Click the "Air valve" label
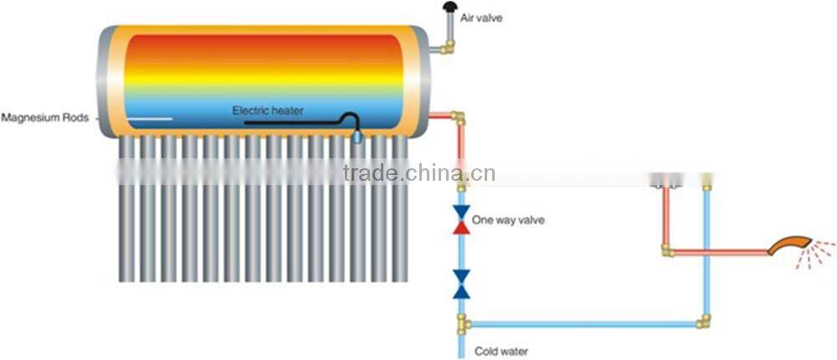(481, 16)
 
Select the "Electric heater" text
(268, 111)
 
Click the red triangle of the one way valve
(461, 226)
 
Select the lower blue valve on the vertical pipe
(461, 284)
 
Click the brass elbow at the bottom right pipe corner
(706, 321)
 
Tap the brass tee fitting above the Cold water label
(462, 323)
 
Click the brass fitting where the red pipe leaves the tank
(458, 116)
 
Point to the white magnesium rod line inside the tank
(151, 118)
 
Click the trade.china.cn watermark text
(418, 173)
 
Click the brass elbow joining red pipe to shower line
(666, 250)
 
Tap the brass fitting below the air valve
(449, 48)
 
